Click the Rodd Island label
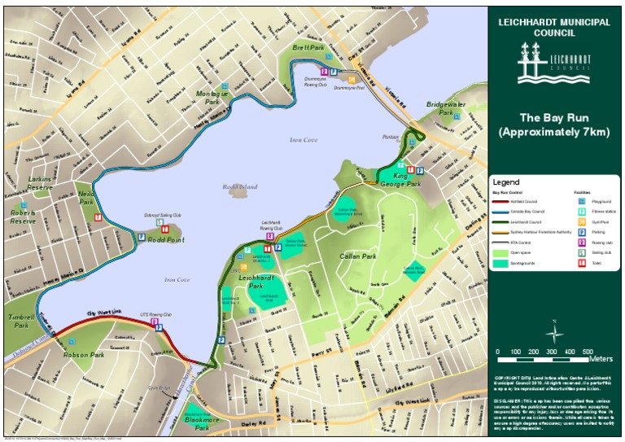point(238,186)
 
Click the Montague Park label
point(213,98)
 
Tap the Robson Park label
point(86,356)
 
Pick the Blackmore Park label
point(196,423)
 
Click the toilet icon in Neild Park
point(98,217)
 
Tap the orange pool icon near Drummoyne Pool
point(352,79)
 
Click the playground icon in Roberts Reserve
point(24,205)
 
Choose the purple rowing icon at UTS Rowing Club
point(155,322)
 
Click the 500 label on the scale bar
point(587,352)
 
